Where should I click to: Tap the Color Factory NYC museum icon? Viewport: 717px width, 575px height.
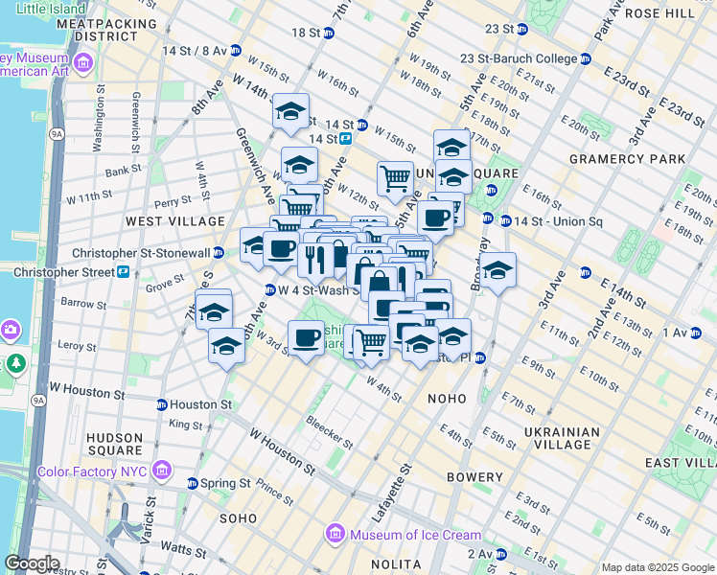click(162, 471)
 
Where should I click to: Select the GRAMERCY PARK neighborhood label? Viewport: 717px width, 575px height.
click(627, 159)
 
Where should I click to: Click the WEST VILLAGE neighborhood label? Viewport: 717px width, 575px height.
click(162, 220)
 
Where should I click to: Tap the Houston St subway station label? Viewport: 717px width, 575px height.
click(199, 404)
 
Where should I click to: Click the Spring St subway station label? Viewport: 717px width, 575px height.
click(226, 483)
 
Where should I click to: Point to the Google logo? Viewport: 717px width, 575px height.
click(32, 563)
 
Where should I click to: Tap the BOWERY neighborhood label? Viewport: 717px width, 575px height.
click(474, 477)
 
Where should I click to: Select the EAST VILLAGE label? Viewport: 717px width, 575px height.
click(682, 463)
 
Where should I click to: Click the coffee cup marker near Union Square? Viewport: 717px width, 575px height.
click(436, 218)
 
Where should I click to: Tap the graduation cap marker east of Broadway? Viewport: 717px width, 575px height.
click(497, 270)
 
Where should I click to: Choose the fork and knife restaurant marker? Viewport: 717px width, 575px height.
click(313, 257)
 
